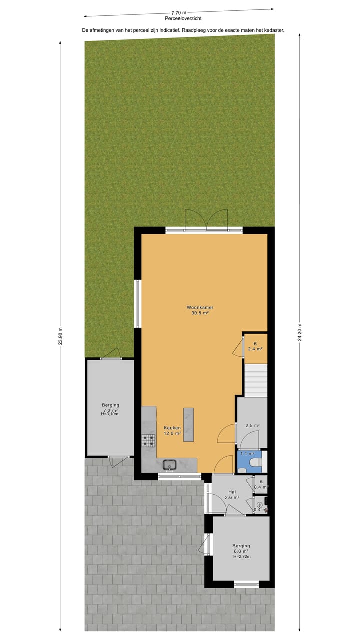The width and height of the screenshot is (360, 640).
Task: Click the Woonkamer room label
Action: [x=197, y=307]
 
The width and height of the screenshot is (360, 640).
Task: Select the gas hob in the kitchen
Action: [x=148, y=440]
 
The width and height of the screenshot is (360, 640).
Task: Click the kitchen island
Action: [x=188, y=424]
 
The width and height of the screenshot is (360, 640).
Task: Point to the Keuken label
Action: [x=172, y=428]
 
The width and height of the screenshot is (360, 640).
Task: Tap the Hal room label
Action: [x=232, y=492]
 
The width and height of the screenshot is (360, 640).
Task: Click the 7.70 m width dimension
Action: [x=178, y=13]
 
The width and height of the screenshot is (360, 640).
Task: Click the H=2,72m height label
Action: [x=241, y=557]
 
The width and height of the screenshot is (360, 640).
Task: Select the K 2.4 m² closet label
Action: [x=255, y=346]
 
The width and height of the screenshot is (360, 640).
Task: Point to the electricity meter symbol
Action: [x=259, y=505]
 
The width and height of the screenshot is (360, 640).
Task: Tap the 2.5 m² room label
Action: [x=252, y=426]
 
